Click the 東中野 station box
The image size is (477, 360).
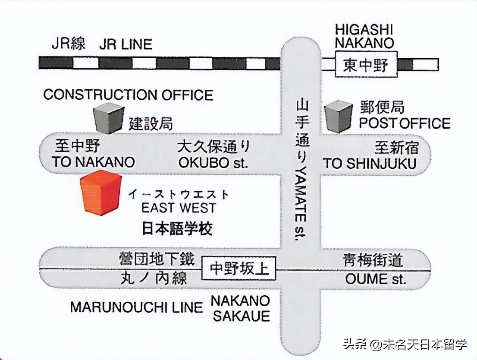[366, 65]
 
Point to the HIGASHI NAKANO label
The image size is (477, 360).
[365, 36]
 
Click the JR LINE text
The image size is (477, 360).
[126, 44]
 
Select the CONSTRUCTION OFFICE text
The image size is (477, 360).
[128, 95]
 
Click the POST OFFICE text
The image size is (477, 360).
[405, 123]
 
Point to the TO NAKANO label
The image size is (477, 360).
[93, 162]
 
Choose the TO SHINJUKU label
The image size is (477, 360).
[370, 164]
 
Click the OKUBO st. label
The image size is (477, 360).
[213, 164]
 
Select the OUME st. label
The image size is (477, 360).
[375, 279]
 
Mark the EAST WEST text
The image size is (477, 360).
[179, 208]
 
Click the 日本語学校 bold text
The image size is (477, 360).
[177, 228]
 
